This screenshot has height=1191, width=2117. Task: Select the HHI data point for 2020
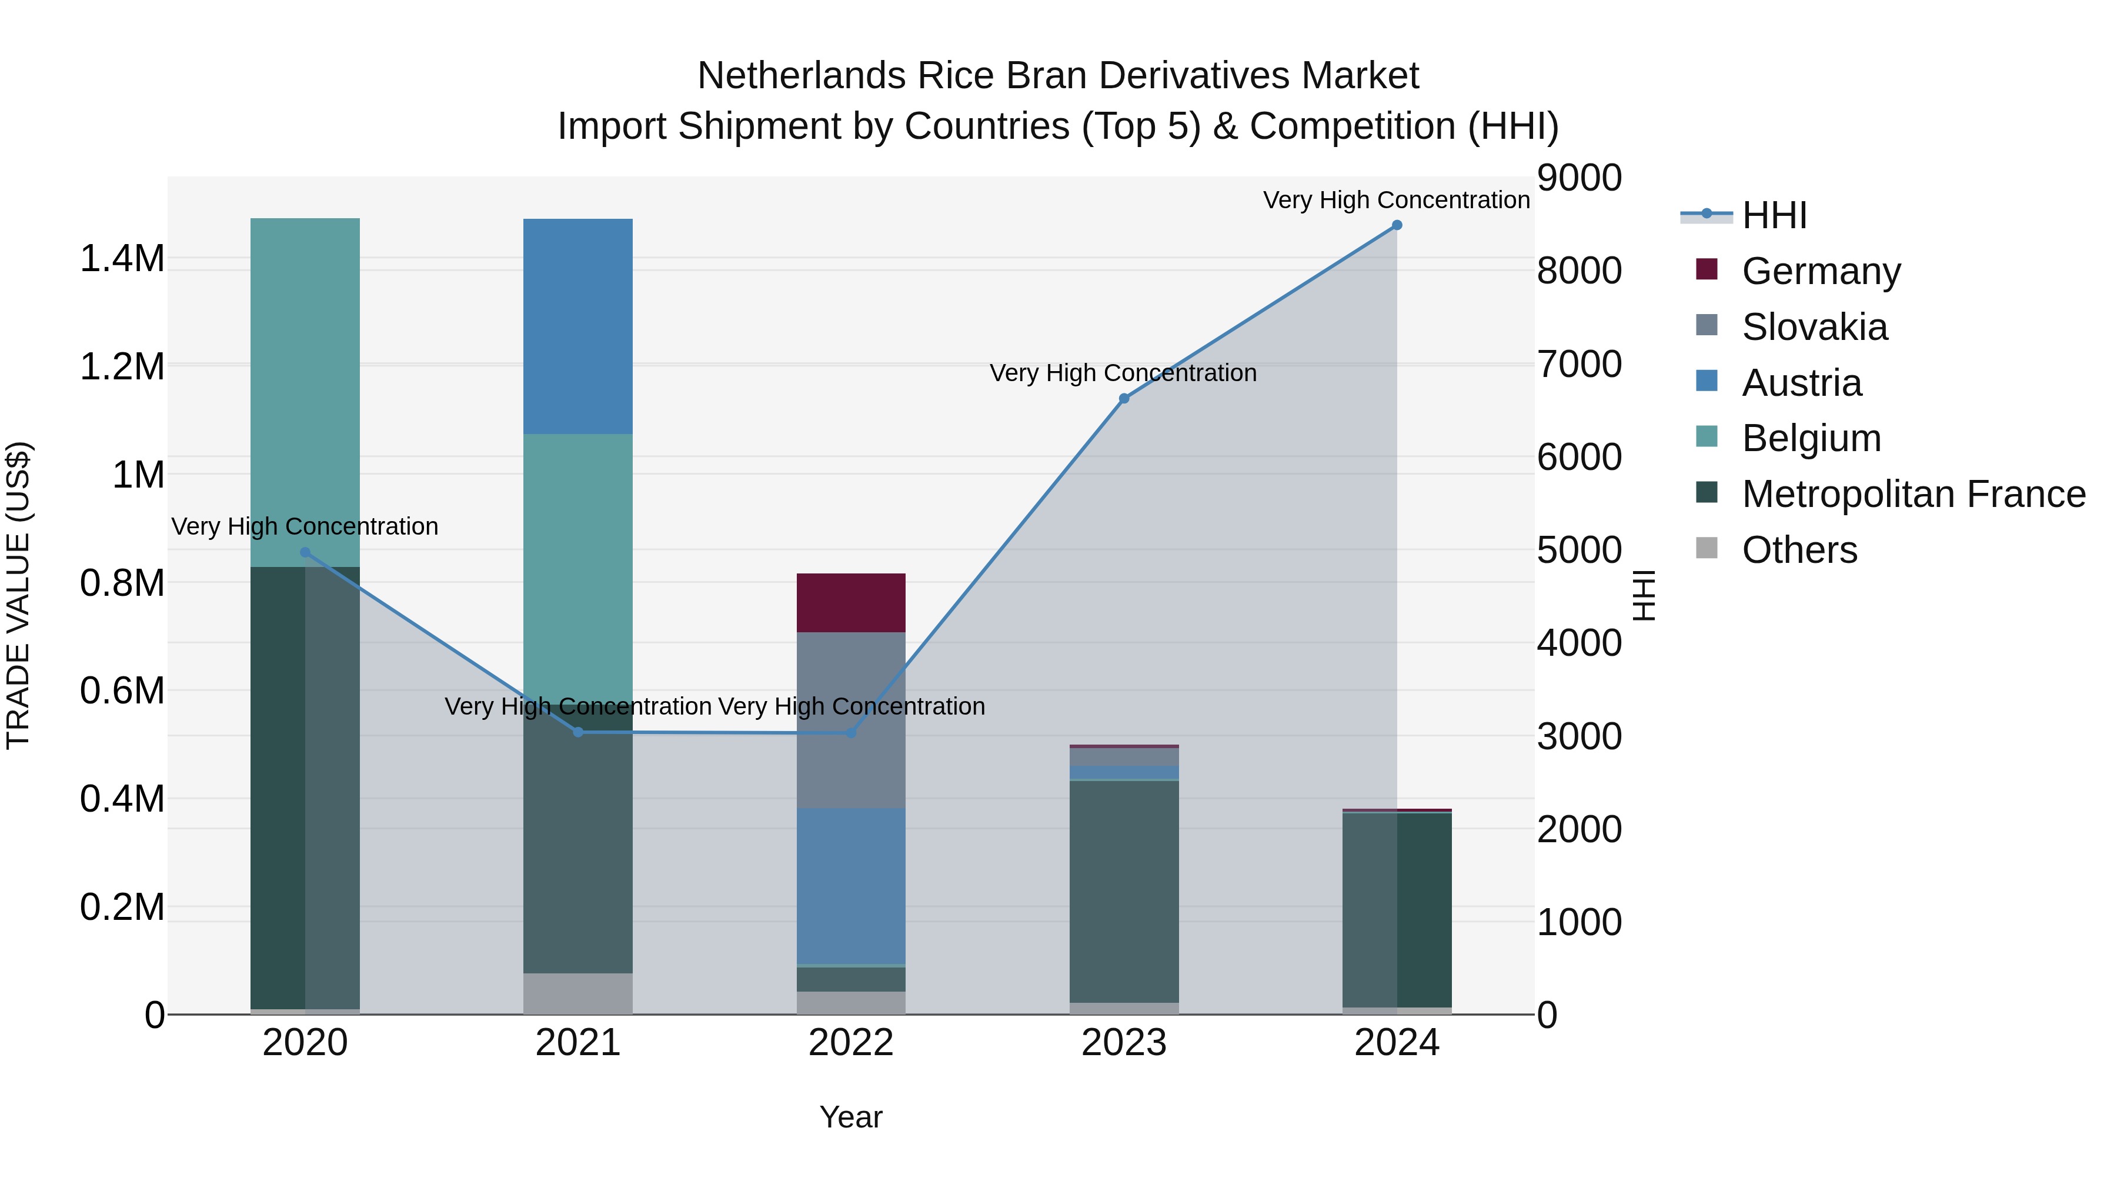tap(305, 552)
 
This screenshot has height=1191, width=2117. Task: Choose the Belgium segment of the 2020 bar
tap(305, 392)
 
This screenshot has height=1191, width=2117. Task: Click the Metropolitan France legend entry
tap(1913, 494)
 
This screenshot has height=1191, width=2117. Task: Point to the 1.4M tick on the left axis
tap(122, 259)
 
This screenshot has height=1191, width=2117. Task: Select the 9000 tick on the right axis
tap(1580, 178)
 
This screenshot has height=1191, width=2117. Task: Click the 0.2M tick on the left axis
tap(122, 908)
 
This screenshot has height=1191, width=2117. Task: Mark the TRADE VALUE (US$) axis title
tap(18, 595)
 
